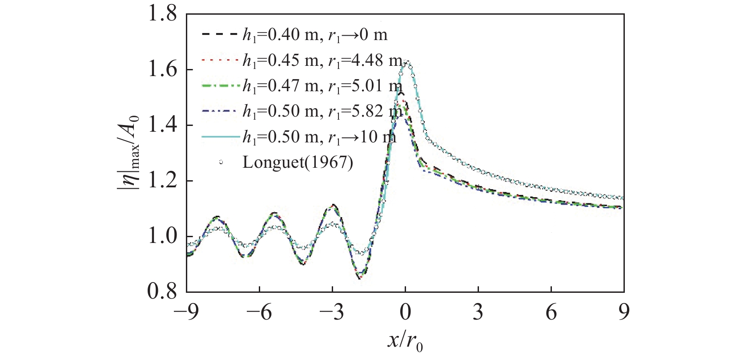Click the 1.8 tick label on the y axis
point(162,14)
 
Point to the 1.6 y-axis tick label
point(162,70)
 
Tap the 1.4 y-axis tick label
point(162,125)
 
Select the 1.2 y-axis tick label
point(162,181)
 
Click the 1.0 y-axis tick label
point(162,237)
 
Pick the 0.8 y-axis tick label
point(162,291)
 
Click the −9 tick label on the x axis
point(187,312)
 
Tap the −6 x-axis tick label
point(260,312)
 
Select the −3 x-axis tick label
point(333,312)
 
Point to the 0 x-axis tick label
point(405,312)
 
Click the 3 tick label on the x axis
point(478,312)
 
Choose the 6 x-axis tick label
point(551,312)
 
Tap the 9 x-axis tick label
point(624,312)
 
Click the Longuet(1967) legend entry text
point(298,162)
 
